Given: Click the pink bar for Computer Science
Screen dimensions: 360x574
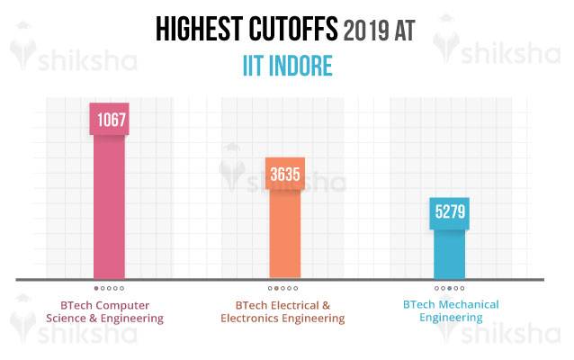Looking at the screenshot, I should click(109, 207).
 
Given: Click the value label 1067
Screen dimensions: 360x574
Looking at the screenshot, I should click(109, 120).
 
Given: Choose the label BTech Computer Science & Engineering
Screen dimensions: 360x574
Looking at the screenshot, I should click(112, 310).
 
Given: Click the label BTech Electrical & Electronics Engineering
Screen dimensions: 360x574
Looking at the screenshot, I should click(282, 310).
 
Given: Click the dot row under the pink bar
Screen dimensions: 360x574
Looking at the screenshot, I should click(110, 288).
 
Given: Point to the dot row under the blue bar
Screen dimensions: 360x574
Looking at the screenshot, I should click(450, 288).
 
